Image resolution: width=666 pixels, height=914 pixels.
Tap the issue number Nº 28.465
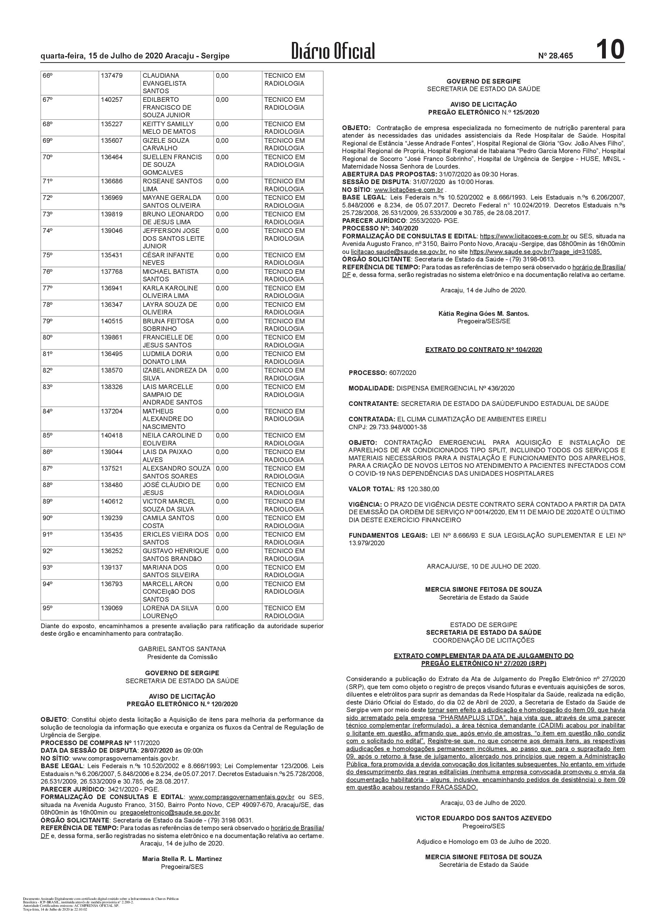point(555,56)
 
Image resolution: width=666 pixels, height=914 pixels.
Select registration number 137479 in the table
point(112,75)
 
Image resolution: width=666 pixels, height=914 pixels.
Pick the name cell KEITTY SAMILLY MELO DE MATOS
point(168,128)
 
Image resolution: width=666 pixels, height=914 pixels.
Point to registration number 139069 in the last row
point(112,608)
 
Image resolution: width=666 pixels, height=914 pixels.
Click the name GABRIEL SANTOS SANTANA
point(182,649)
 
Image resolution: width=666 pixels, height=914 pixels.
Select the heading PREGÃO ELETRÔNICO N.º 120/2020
point(182,704)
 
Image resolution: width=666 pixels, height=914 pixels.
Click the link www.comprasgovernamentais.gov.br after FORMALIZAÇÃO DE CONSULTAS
point(241,797)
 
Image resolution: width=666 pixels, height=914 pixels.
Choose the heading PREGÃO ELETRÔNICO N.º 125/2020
point(483,112)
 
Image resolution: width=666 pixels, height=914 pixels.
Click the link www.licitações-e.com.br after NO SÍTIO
point(408,190)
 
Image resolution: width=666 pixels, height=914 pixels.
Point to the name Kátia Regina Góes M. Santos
point(483,313)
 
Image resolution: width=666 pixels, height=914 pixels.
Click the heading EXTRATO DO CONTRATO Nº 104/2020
point(483,350)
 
